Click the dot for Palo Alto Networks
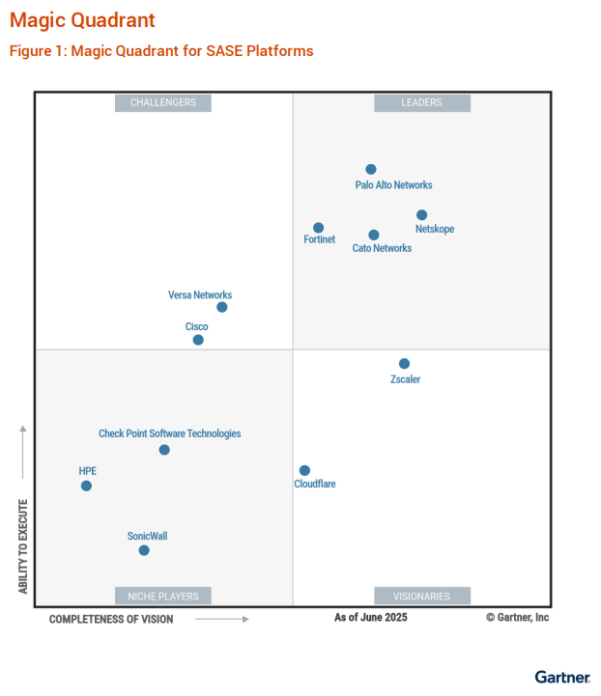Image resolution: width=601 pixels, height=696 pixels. (371, 169)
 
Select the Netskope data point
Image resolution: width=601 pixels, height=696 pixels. (422, 215)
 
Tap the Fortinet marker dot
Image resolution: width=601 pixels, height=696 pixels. (319, 228)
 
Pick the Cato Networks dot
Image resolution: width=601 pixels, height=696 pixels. (374, 235)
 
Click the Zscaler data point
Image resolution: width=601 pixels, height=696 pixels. (405, 364)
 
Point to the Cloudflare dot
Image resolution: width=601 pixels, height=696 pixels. (305, 470)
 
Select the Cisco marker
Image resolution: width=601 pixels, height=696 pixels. (198, 340)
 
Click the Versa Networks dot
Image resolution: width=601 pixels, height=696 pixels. (222, 307)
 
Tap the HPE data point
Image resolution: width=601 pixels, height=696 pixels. (86, 486)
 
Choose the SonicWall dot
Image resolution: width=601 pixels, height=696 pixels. (144, 550)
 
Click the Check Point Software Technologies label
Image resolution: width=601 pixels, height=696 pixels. (170, 433)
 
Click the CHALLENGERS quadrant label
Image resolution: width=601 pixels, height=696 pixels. (163, 102)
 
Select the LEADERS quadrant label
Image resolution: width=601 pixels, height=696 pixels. (422, 102)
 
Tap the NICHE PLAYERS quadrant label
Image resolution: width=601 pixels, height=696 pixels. (163, 596)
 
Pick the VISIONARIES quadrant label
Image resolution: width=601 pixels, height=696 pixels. (422, 596)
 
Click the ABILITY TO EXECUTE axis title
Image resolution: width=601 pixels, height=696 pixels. (23, 545)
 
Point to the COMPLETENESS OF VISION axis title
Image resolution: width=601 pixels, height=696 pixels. (111, 619)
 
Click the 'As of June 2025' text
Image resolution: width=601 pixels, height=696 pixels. (371, 617)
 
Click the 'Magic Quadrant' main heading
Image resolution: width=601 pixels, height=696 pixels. (82, 20)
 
